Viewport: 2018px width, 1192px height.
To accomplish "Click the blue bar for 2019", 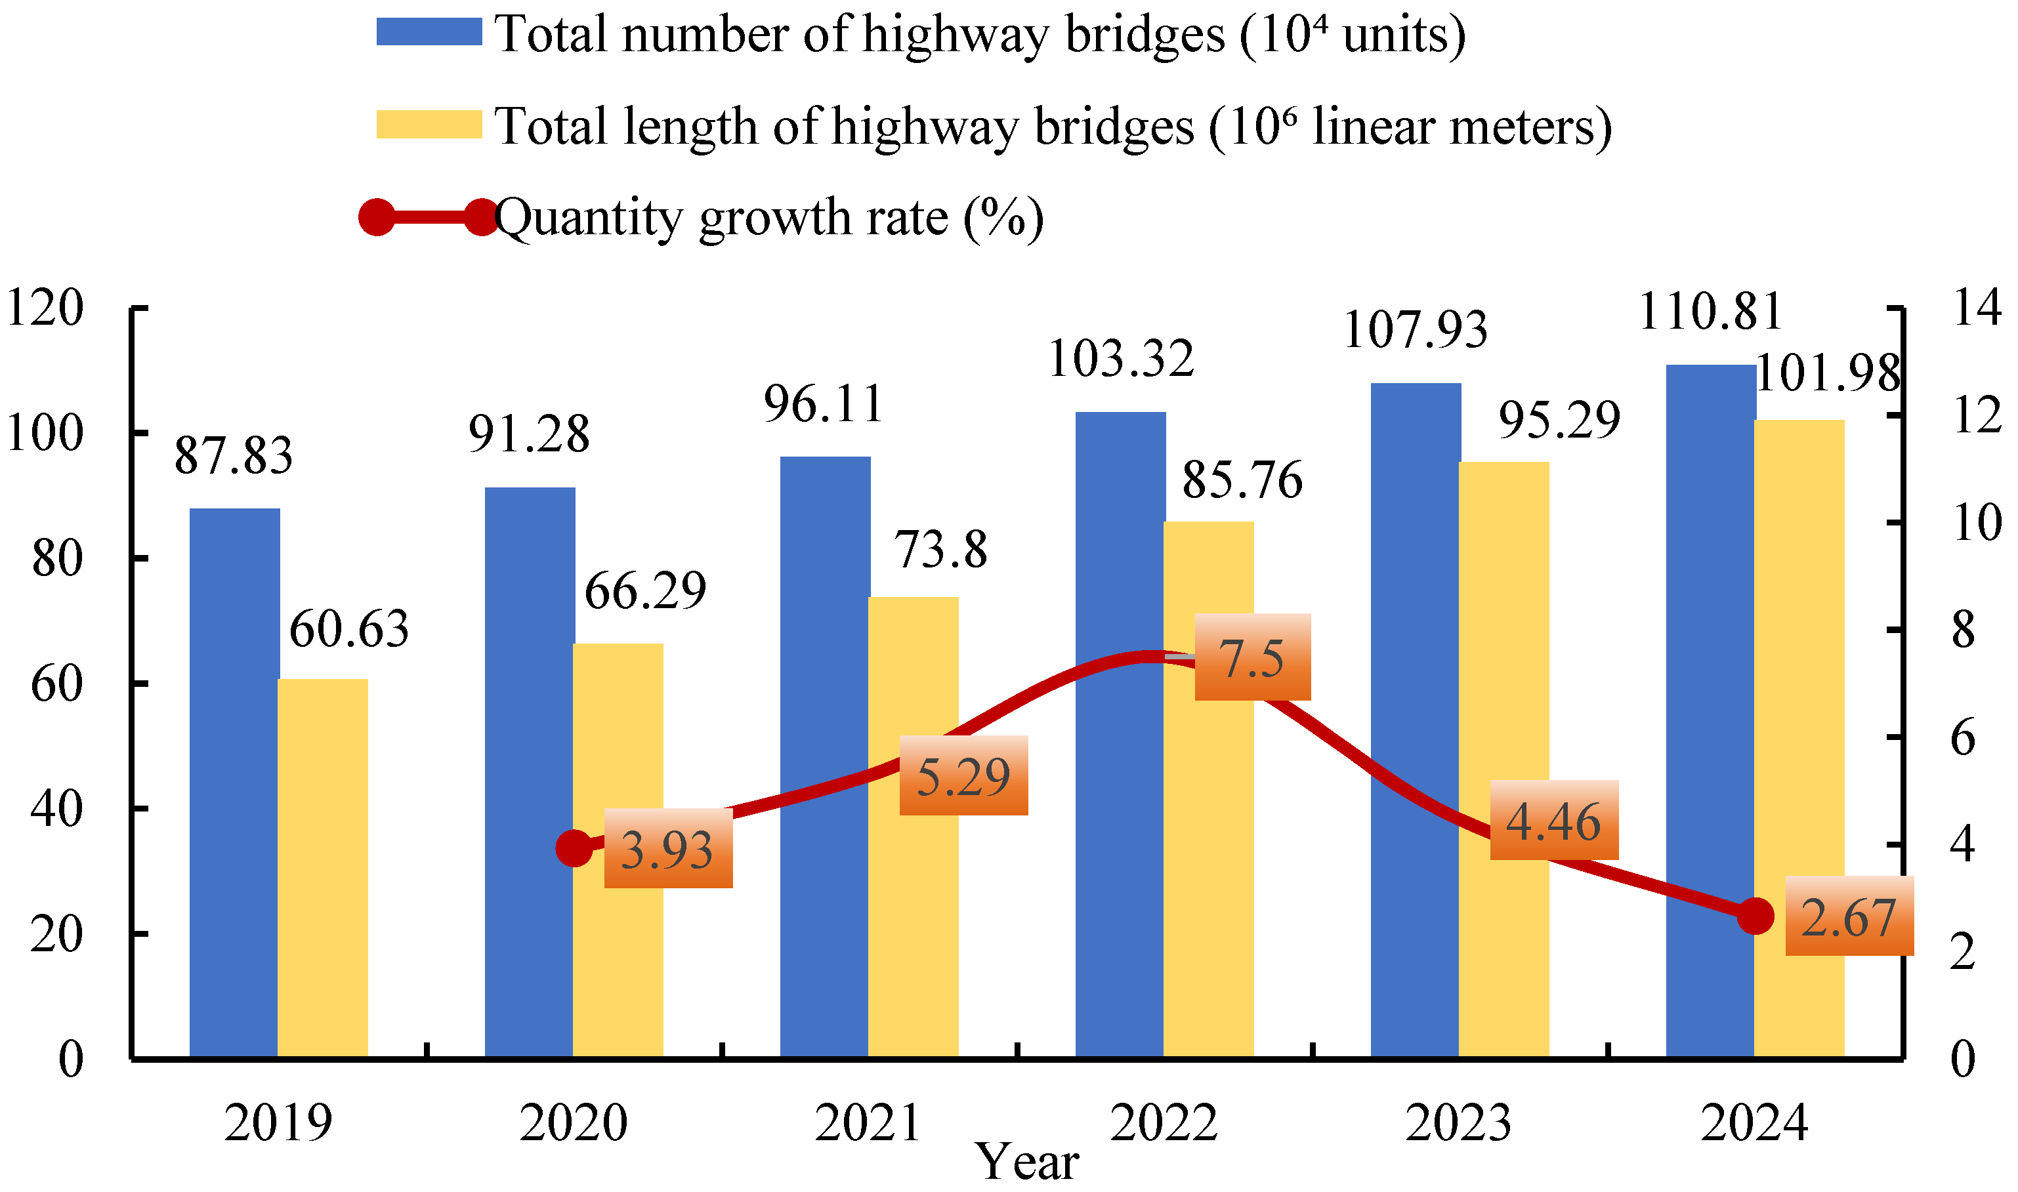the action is tap(234, 783).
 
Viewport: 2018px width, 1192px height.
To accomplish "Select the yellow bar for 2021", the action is tap(914, 827).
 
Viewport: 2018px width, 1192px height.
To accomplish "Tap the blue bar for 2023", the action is tap(1416, 720).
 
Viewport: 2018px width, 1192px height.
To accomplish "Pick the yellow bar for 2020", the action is tap(618, 851).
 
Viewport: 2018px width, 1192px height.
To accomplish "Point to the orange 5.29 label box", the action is tap(964, 775).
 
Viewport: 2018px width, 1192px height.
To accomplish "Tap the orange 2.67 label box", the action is tap(1850, 916).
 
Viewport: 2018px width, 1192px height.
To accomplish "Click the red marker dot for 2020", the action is tap(574, 848).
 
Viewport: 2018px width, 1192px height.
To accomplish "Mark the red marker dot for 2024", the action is tap(1755, 916).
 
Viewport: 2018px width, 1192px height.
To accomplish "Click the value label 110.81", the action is tap(1711, 312).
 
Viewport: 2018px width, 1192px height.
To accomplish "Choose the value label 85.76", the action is tap(1242, 480).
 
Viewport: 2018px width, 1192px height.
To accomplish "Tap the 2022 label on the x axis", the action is tap(1164, 1123).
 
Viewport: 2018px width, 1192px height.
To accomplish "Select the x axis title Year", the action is tap(1028, 1161).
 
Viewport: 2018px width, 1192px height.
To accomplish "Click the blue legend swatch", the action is tap(429, 32).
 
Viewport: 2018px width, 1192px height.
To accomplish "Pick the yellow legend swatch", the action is tap(429, 125).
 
